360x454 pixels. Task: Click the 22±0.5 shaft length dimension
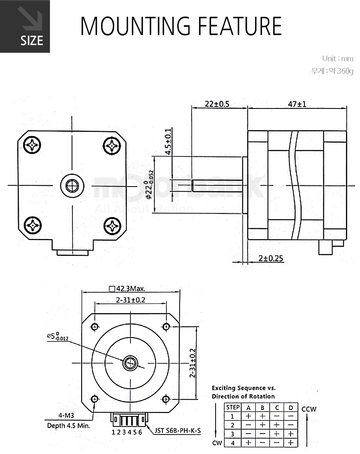[x=217, y=104]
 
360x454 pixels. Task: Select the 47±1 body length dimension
[x=297, y=104]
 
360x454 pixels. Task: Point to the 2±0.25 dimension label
[x=270, y=258]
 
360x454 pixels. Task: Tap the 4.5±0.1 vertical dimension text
[x=168, y=142]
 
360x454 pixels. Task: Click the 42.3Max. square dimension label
[x=127, y=289]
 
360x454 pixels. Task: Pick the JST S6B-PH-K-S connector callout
[x=177, y=430]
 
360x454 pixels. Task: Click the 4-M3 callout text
[x=66, y=416]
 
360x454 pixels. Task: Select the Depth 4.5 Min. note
[x=68, y=426]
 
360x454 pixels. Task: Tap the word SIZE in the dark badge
[x=32, y=40]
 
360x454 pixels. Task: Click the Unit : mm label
[x=338, y=58]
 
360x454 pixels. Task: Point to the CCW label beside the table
[x=309, y=409]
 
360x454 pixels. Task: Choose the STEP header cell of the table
[x=233, y=408]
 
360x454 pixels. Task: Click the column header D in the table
[x=291, y=408]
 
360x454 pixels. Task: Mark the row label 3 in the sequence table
[x=232, y=434]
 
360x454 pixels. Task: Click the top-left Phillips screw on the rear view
[x=32, y=145]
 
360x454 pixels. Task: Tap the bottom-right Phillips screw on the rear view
[x=112, y=225]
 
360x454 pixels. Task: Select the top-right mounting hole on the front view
[x=166, y=327]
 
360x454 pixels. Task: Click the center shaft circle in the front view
[x=130, y=363]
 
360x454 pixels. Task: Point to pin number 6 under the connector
[x=140, y=432]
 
